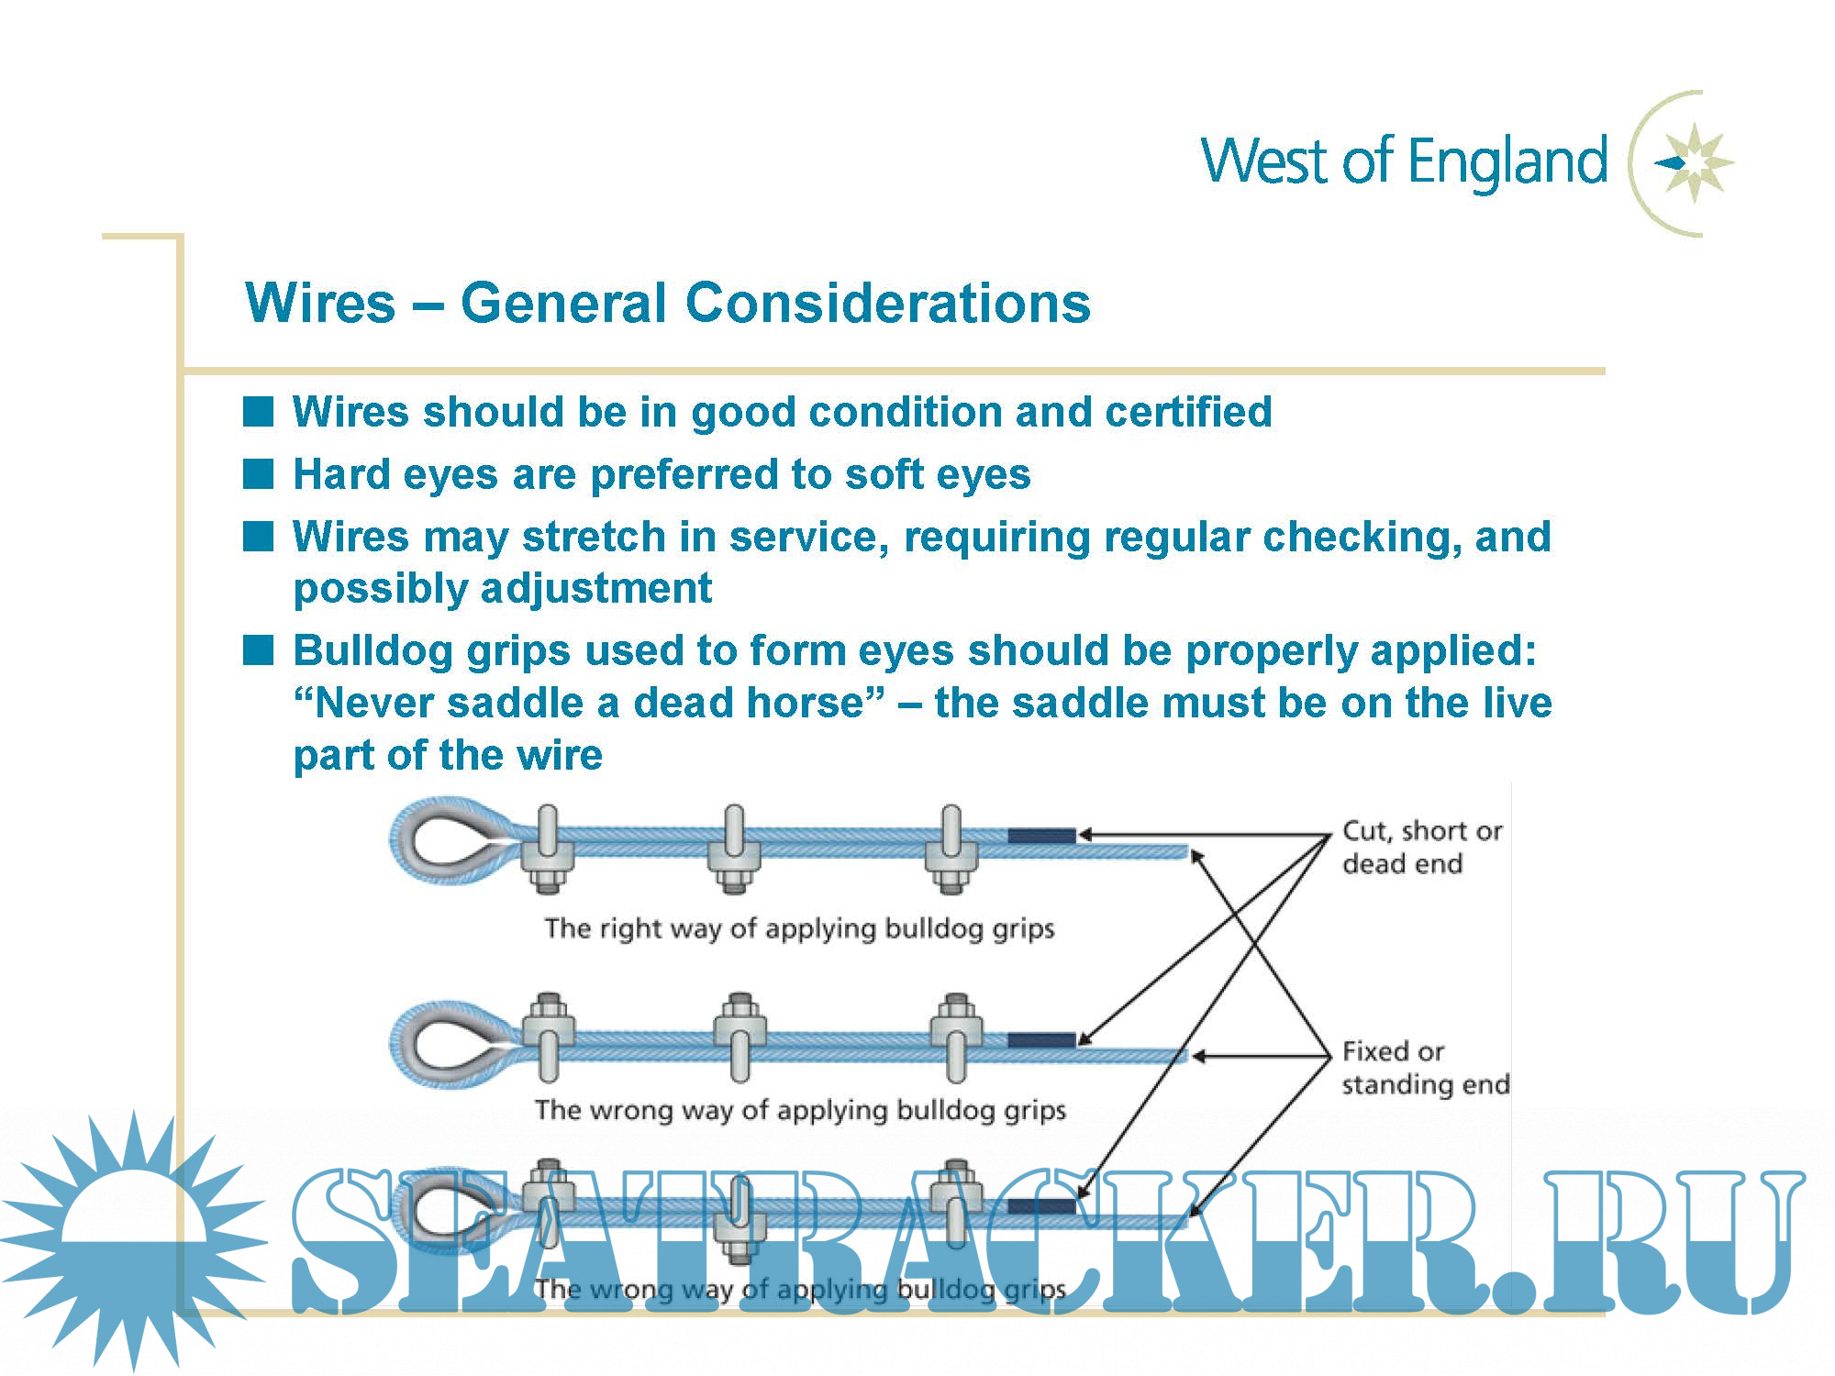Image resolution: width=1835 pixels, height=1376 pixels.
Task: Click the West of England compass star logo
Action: click(x=1694, y=163)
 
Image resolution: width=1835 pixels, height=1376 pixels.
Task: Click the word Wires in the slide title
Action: click(x=320, y=303)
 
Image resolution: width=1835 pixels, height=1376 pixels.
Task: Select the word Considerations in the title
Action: click(x=887, y=303)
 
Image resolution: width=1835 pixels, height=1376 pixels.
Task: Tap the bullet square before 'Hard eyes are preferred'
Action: click(x=258, y=474)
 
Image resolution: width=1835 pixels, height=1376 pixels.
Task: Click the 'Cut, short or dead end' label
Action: click(x=1421, y=847)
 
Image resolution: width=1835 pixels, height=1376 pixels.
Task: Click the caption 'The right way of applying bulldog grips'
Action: click(x=799, y=928)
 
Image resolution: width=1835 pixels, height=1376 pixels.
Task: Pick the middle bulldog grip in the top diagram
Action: click(x=734, y=849)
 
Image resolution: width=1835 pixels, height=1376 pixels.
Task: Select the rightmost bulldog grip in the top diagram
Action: click(x=951, y=849)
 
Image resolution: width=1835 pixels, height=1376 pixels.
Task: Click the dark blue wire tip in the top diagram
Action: click(x=1041, y=836)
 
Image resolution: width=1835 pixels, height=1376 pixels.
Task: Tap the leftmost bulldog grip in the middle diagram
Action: click(x=549, y=1037)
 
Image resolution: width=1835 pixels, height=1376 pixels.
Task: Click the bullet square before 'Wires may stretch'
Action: click(x=258, y=537)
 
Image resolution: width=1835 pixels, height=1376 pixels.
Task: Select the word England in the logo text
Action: click(x=1507, y=162)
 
